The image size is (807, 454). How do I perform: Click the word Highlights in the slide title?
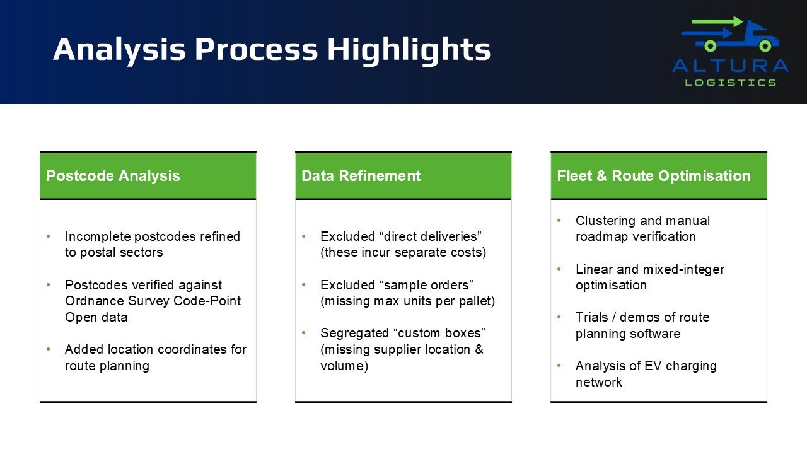click(409, 50)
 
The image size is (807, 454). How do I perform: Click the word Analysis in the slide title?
click(119, 50)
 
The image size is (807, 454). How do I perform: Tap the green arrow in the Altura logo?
click(717, 21)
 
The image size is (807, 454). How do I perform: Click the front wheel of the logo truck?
click(765, 46)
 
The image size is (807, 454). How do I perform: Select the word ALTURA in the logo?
click(730, 66)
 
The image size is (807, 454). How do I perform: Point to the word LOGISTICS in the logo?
click(730, 83)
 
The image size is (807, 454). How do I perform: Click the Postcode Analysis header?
click(113, 176)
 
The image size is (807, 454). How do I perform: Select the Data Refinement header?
click(361, 176)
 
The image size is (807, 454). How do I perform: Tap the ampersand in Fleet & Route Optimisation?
click(601, 176)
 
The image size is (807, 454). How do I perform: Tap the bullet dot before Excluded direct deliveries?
click(304, 236)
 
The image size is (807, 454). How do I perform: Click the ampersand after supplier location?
click(479, 349)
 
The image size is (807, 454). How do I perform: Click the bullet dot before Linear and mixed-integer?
click(559, 269)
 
